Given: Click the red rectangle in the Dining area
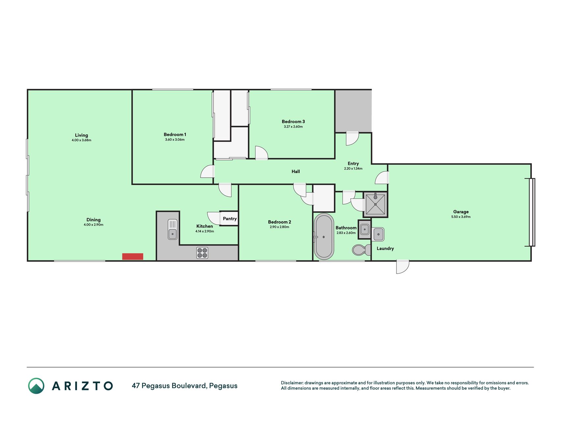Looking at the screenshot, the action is [133, 256].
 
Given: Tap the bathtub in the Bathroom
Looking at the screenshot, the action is [324, 236].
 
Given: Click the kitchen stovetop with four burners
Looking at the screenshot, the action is [202, 253].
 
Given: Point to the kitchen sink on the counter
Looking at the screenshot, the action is [173, 229].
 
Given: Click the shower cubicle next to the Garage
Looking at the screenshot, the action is [375, 204].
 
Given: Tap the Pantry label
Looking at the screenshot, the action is [230, 219].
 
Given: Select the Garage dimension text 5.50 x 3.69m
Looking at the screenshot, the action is [461, 217].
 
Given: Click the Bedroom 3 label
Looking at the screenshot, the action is [293, 121].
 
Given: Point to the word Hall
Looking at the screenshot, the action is [296, 171].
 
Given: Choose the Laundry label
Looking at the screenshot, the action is [385, 249].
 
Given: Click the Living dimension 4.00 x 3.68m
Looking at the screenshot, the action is [81, 140].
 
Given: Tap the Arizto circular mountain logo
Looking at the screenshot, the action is [36, 386].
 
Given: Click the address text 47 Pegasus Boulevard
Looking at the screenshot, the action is [169, 386].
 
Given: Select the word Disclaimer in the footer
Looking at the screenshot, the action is [292, 383].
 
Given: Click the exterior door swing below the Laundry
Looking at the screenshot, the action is [403, 267].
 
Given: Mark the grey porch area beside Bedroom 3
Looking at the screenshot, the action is [353, 111].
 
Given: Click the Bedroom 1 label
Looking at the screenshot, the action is [175, 135].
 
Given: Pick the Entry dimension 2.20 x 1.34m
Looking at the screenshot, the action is [353, 168].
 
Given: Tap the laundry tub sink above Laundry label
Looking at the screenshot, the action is [379, 234].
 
